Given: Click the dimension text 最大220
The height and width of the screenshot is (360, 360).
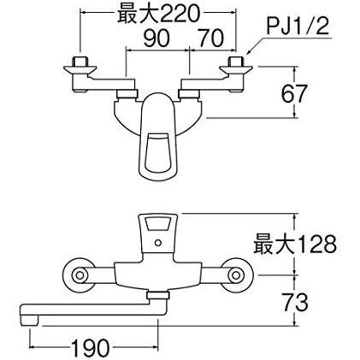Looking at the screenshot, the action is pyautogui.click(x=158, y=15).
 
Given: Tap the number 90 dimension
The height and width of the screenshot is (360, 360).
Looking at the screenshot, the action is pyautogui.click(x=156, y=38).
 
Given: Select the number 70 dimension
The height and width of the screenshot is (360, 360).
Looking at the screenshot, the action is pyautogui.click(x=211, y=38).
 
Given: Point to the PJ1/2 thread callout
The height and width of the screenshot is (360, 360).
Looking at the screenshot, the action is pyautogui.click(x=298, y=27).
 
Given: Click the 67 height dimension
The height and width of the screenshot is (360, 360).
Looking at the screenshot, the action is pyautogui.click(x=294, y=93).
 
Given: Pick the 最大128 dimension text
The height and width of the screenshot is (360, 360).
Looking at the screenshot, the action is pyautogui.click(x=295, y=245).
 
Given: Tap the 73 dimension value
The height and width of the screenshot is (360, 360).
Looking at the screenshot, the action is pyautogui.click(x=295, y=302).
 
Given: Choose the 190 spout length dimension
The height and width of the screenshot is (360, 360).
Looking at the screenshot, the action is pyautogui.click(x=90, y=348).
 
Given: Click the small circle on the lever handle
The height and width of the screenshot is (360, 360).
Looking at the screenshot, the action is pyautogui.click(x=157, y=243).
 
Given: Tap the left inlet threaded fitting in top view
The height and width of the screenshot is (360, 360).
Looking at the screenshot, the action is pyautogui.click(x=80, y=62).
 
